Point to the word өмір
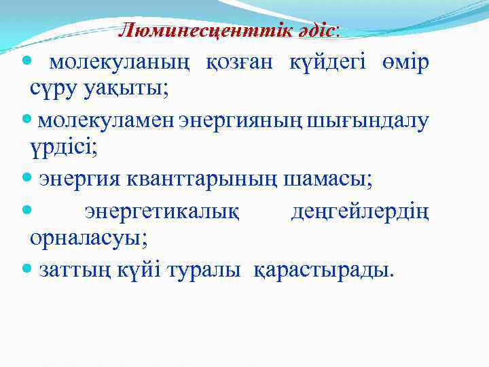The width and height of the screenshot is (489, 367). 405,63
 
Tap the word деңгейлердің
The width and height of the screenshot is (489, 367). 360,212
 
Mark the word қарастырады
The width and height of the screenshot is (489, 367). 323,270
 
